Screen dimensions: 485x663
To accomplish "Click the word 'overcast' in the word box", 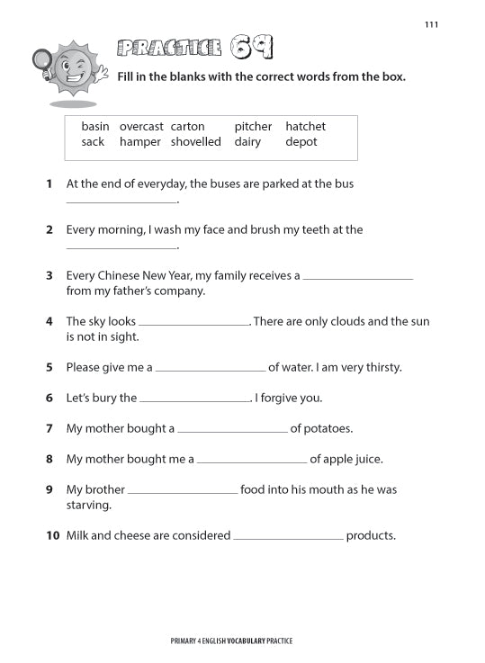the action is (x=141, y=127).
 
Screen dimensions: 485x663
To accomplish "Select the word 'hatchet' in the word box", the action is (x=305, y=127).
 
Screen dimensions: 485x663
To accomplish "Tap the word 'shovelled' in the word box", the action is (x=195, y=142).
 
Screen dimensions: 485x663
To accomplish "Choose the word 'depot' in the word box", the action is (x=301, y=142).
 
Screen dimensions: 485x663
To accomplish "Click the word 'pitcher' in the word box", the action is (x=253, y=127).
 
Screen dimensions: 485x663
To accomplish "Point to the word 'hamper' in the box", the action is (x=140, y=142).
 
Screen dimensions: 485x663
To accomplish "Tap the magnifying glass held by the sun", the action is (x=41, y=61).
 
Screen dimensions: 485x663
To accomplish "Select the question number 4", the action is (x=49, y=321).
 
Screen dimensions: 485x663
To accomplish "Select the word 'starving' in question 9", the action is (x=87, y=506).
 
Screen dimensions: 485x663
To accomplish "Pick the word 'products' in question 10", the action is (x=370, y=535).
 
